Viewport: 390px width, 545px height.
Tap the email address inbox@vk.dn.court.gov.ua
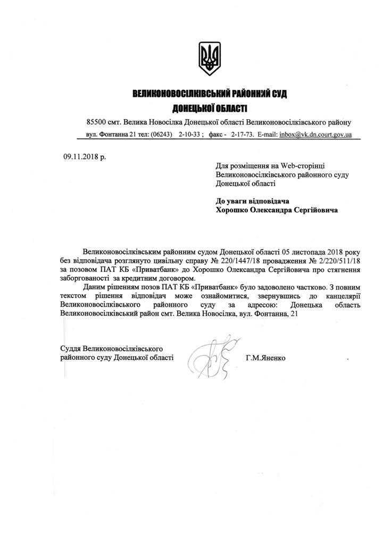[x=316, y=135]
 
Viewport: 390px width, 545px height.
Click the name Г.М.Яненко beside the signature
[x=265, y=358]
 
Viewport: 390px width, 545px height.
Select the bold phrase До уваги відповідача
[x=251, y=201]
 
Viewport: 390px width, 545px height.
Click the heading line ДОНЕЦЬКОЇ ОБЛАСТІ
[x=210, y=109]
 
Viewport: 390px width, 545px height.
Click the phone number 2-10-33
[x=189, y=135]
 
